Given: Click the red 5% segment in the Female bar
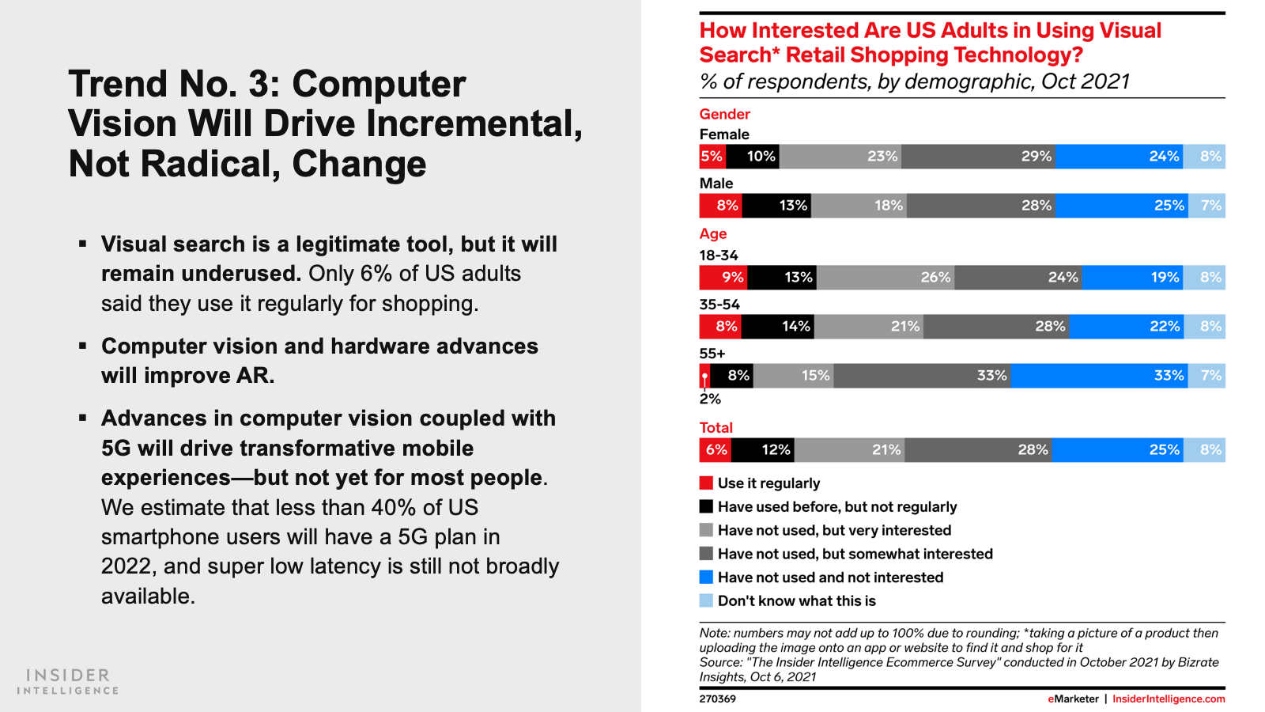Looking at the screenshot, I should pyautogui.click(x=712, y=157).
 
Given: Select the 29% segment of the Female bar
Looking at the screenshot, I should pyautogui.click(x=978, y=157).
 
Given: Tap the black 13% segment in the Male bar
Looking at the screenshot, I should pyautogui.click(x=776, y=206).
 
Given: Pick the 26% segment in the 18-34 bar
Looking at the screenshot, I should pyautogui.click(x=885, y=278).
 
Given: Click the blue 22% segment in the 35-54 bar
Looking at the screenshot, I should pyautogui.click(x=1126, y=327).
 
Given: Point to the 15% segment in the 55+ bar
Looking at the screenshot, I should pyautogui.click(x=793, y=376).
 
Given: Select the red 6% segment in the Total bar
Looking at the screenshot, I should pyautogui.click(x=716, y=450).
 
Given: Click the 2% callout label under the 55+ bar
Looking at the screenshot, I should pyautogui.click(x=710, y=399).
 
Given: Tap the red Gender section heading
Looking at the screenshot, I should pyautogui.click(x=724, y=114).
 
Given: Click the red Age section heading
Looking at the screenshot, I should pyautogui.click(x=712, y=233).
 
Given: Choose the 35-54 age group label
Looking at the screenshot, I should pyautogui.click(x=719, y=305).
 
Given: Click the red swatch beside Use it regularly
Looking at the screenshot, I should pyautogui.click(x=706, y=483).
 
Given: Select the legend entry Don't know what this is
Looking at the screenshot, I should pyautogui.click(x=796, y=601).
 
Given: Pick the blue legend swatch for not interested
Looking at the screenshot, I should pyautogui.click(x=706, y=577).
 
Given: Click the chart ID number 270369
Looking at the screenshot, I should pyautogui.click(x=717, y=699).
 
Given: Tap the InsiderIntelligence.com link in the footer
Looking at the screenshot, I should pyautogui.click(x=1169, y=699).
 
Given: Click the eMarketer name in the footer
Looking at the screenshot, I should pyautogui.click(x=1073, y=699).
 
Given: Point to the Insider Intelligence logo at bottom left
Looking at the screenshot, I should pyautogui.click(x=68, y=681).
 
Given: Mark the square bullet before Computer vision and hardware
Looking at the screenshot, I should pyautogui.click(x=82, y=346).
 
